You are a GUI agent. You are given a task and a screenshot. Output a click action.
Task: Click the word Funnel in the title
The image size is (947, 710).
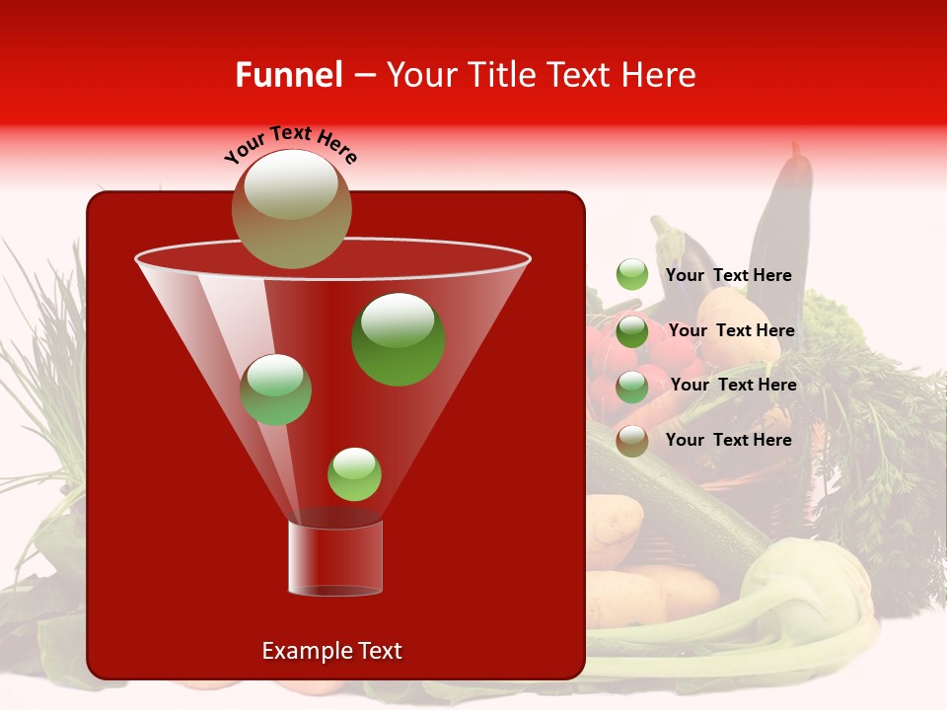[x=289, y=75]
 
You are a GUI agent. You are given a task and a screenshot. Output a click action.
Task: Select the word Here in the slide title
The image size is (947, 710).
[x=663, y=75]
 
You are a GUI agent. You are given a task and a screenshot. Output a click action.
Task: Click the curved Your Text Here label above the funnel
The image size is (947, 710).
[x=291, y=143]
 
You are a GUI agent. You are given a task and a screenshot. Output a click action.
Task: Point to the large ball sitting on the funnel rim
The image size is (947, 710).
[x=292, y=209]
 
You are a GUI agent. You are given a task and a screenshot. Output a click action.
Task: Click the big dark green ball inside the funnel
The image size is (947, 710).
[x=399, y=339]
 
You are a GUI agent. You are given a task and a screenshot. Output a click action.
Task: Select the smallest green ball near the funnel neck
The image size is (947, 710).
[x=354, y=474]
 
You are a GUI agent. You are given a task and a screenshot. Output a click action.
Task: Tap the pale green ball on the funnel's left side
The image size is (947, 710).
[x=275, y=390]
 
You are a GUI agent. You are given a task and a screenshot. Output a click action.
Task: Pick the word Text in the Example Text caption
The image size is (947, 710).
[x=378, y=651]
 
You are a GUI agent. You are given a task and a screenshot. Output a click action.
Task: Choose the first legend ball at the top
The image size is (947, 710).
[x=632, y=275]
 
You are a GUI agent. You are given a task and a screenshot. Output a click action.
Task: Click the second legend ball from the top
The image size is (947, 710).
[x=632, y=331]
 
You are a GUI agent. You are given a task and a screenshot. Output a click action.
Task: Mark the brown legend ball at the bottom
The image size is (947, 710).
[x=632, y=441]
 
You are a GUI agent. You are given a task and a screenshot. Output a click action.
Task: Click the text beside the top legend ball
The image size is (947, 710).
[x=728, y=276]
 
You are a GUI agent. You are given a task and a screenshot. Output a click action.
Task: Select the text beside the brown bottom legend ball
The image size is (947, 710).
[x=728, y=440]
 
